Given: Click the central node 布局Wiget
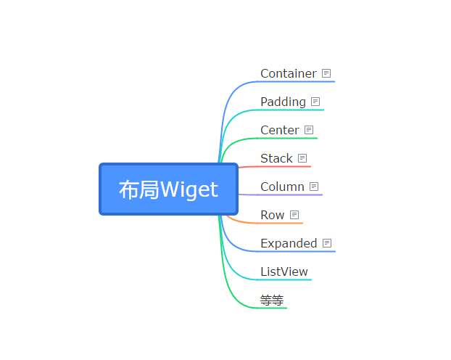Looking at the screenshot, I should (168, 189).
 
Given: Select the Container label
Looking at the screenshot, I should (288, 73).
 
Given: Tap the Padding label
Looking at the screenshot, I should (283, 102).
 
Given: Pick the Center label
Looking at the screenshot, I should (279, 130).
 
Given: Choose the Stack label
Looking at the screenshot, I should (276, 158).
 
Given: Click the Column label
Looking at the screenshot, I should (282, 187).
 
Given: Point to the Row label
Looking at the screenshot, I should (272, 215).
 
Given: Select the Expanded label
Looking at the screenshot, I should (289, 243).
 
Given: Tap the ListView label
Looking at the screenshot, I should (284, 271).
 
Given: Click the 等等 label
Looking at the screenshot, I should (272, 300).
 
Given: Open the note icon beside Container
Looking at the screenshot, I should (326, 73).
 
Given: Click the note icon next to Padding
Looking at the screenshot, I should (315, 102).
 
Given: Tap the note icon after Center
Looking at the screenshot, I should (309, 130).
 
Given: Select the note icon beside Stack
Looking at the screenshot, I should (302, 158).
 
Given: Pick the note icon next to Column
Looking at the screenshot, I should (314, 187).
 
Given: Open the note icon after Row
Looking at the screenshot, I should (294, 215).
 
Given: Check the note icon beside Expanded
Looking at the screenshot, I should (327, 243).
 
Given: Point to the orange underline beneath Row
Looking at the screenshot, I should (272, 223).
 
